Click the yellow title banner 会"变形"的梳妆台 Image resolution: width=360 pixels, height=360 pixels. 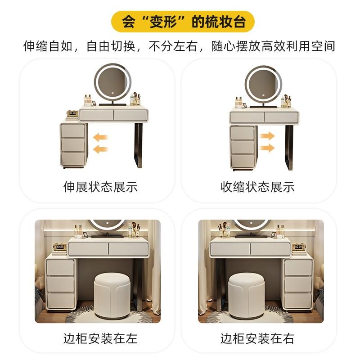click(183, 22)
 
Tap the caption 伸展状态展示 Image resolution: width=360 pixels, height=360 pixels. click(100, 187)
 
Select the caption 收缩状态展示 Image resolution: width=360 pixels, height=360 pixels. click(257, 187)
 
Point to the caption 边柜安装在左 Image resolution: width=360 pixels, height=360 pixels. click(100, 338)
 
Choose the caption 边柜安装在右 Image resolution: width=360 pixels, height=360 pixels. click(257, 338)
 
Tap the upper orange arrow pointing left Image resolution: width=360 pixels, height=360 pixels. click(100, 137)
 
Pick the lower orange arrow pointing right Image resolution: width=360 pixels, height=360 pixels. click(267, 148)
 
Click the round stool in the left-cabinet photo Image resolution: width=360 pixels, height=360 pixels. click(112, 296)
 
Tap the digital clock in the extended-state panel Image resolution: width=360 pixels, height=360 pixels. click(72, 113)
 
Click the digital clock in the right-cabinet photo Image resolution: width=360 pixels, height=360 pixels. click(298, 247)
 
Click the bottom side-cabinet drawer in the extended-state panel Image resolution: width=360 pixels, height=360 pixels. click(73, 158)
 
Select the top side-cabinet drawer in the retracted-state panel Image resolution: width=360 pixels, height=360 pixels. click(243, 133)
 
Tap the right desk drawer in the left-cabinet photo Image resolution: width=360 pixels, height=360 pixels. click(128, 249)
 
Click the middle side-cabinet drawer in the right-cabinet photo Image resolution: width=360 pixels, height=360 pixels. click(298, 284)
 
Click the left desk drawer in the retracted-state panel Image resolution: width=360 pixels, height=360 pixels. click(247, 117)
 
